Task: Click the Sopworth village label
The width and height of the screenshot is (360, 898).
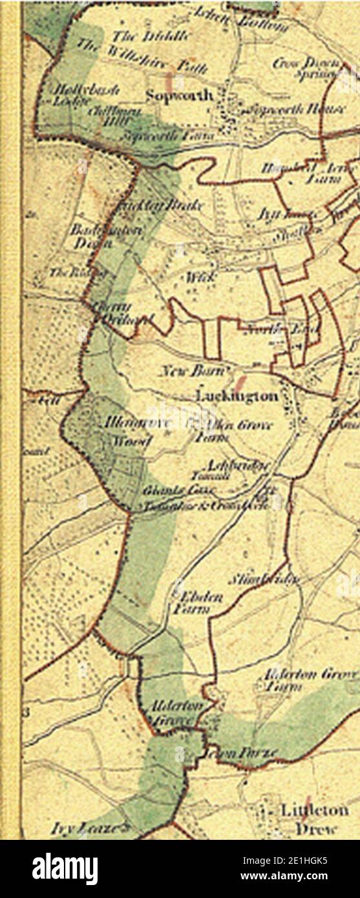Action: tap(179, 95)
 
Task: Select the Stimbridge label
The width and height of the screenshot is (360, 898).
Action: tap(264, 578)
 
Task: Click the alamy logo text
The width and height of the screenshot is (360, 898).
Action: tap(65, 868)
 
